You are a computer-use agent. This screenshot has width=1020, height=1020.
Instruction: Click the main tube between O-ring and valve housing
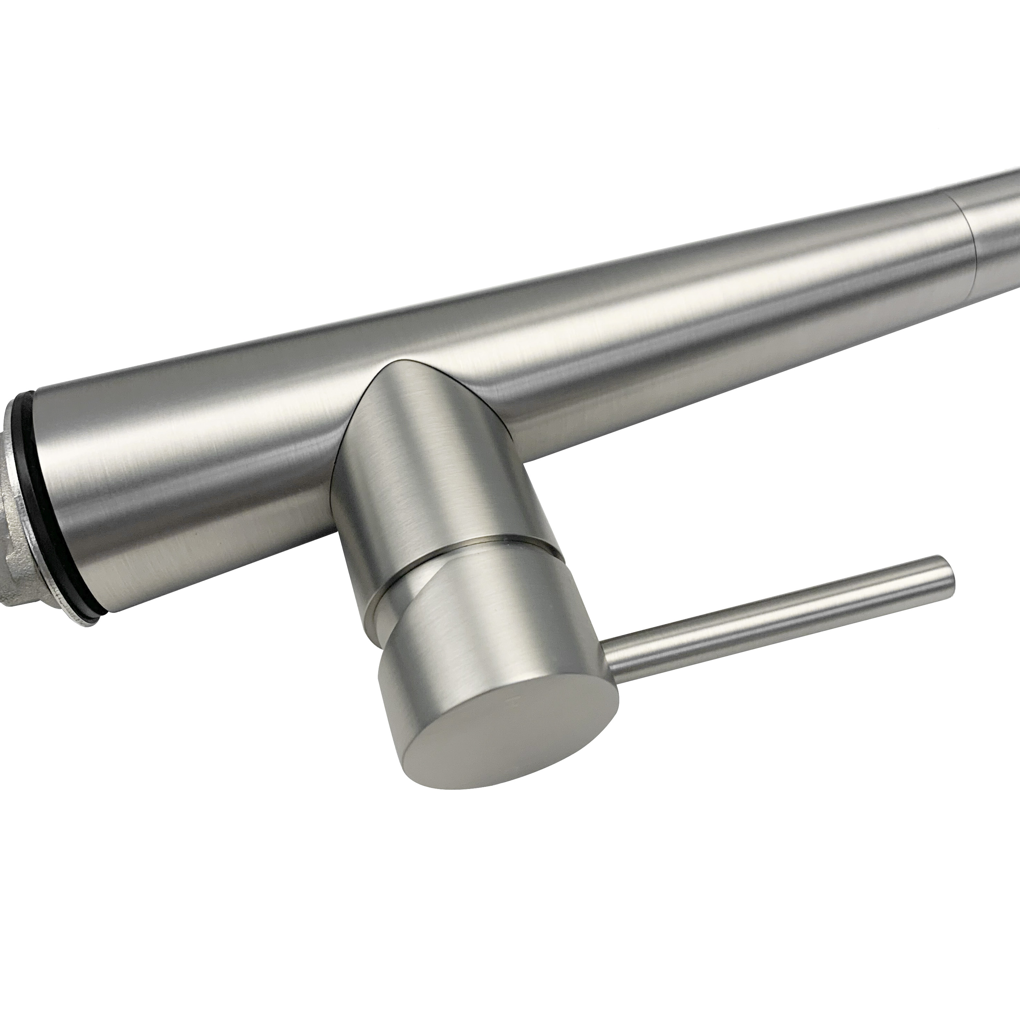[x=201, y=475]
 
